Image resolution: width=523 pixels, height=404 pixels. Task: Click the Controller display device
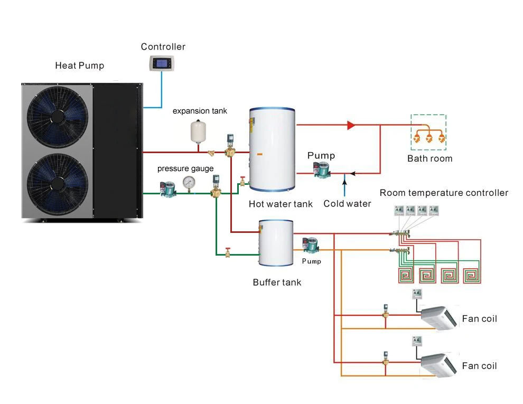pos(161,64)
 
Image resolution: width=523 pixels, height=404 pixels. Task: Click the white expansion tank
pos(198,131)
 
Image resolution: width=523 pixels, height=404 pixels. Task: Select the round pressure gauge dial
pos(188,182)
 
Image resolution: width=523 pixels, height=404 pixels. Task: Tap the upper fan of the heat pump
pos(57,116)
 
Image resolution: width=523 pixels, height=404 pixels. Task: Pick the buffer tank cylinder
pos(275,243)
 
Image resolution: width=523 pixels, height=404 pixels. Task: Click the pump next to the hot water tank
pos(320,170)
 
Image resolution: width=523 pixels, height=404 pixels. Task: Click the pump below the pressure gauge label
pos(168,189)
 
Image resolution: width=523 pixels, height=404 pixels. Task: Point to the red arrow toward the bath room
pos(351,126)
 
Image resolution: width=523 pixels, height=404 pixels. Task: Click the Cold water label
pos(347,204)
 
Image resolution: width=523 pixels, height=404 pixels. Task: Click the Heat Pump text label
pos(79,66)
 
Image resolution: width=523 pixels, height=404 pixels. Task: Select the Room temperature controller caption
pos(444,193)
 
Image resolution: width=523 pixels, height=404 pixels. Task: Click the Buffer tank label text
pos(277,283)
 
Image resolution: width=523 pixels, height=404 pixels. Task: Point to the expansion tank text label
pos(200,111)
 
